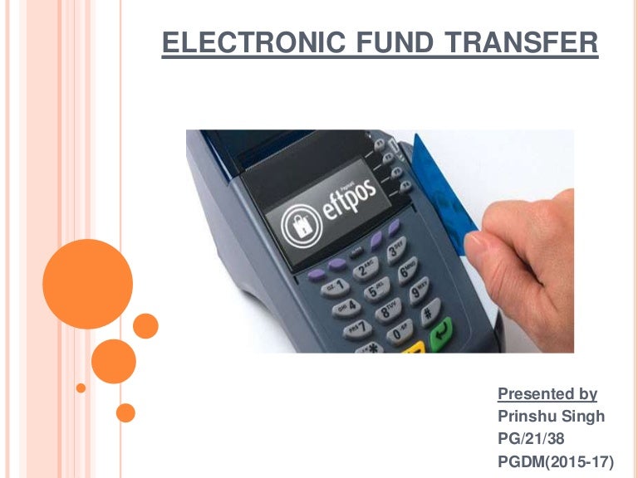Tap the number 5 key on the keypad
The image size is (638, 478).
375,291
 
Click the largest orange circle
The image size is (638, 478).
87,283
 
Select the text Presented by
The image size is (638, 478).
547,394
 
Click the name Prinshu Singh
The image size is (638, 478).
552,416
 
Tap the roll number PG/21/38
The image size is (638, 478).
532,437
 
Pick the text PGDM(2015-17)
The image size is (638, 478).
561,459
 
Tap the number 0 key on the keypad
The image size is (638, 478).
401,336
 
